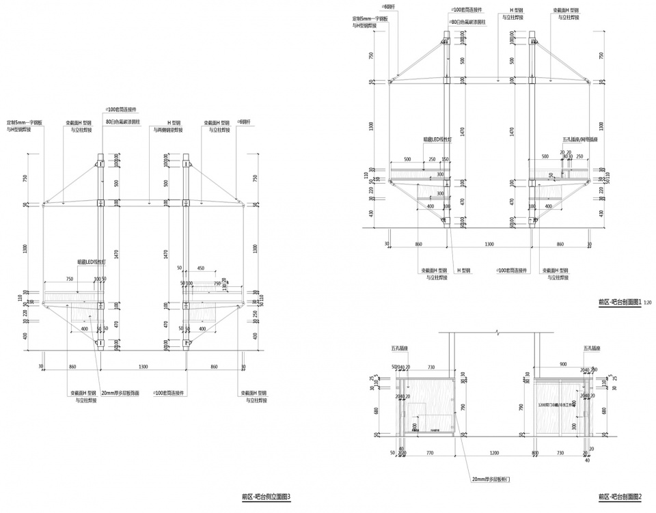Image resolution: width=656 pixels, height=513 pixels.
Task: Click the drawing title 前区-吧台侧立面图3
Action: (x=266, y=498)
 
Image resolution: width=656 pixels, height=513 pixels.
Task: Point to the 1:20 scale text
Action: (x=648, y=302)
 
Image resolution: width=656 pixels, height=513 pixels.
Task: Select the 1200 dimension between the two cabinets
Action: (x=492, y=453)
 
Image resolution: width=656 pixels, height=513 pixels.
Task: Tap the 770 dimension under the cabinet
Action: (x=430, y=453)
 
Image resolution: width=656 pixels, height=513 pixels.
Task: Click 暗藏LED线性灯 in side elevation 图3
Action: (x=91, y=261)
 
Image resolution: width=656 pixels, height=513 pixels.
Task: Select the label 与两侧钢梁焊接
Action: (x=168, y=130)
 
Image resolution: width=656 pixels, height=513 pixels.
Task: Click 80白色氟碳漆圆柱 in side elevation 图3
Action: (x=124, y=122)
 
